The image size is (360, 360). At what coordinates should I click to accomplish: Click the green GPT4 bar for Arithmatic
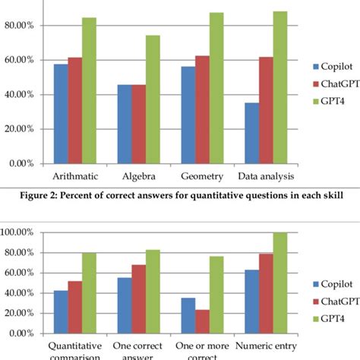89,91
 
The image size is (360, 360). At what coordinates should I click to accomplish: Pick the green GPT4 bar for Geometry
216,88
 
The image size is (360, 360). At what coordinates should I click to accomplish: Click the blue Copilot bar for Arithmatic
61,114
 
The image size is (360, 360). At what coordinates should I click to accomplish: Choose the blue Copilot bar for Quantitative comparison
59,312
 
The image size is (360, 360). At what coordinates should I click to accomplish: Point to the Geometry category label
202,176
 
